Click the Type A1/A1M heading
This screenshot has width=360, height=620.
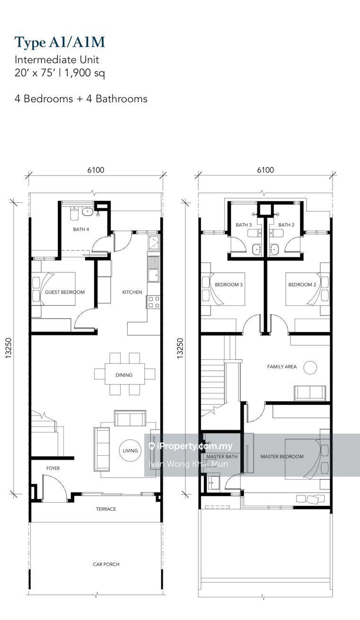[60, 43]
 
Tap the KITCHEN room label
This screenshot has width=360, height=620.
[132, 292]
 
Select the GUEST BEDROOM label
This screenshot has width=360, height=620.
[65, 292]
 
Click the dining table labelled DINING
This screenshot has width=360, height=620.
[124, 375]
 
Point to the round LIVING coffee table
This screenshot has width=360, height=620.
[130, 451]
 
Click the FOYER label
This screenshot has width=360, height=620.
[53, 468]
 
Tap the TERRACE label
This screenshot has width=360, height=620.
[106, 509]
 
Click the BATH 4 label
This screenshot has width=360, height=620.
[81, 229]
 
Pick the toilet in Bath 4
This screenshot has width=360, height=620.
[74, 213]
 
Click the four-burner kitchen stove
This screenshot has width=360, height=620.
[154, 302]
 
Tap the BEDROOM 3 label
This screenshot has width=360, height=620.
[229, 285]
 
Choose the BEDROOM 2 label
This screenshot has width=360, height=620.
[302, 285]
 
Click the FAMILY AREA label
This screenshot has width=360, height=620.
[282, 367]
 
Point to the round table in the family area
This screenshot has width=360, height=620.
[310, 367]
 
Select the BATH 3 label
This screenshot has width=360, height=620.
[244, 225]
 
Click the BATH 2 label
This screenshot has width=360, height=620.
[286, 225]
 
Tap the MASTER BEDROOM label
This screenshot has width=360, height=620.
[282, 456]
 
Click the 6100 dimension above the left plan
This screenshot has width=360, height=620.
[96, 170]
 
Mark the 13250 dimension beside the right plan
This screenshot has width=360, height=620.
[180, 348]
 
